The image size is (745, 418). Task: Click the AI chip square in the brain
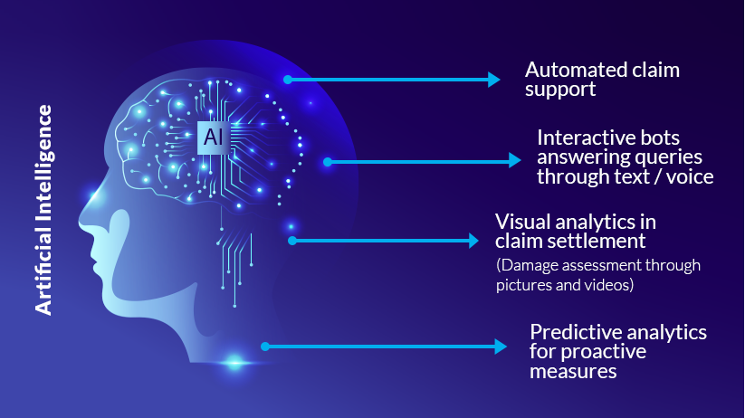click(x=214, y=138)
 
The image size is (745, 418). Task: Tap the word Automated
click(x=568, y=70)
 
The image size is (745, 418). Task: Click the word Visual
click(x=521, y=222)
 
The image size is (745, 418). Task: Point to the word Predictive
click(x=570, y=332)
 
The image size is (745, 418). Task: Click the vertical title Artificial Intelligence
click(x=43, y=210)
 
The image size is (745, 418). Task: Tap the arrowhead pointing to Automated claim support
click(x=493, y=80)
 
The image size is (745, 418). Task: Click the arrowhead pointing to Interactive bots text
click(x=514, y=160)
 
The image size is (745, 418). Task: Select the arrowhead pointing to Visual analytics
click(x=473, y=241)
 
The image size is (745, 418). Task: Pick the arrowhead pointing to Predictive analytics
click(x=501, y=347)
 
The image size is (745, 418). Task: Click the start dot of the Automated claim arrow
click(x=288, y=80)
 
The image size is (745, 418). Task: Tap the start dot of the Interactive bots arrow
click(x=328, y=162)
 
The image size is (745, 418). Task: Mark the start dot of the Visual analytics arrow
click(x=292, y=241)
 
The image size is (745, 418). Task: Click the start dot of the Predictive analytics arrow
click(x=265, y=347)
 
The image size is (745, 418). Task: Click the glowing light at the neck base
click(x=234, y=363)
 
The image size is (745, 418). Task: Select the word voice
click(x=690, y=176)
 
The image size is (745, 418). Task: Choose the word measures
click(x=573, y=372)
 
